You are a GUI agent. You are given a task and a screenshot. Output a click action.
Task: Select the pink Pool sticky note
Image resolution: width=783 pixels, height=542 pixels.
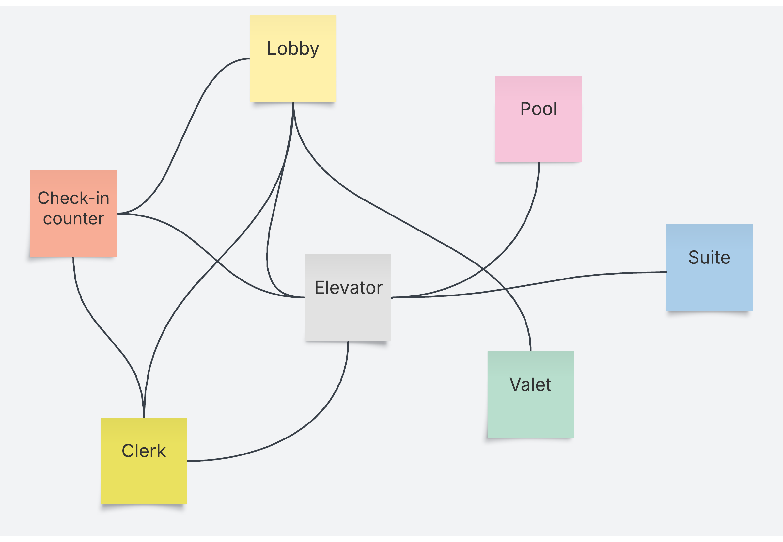click(538, 136)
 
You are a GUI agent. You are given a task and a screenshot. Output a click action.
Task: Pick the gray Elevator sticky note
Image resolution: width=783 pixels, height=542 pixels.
click(348, 316)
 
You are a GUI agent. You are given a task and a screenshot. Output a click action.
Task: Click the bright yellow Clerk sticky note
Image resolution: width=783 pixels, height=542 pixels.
click(144, 479)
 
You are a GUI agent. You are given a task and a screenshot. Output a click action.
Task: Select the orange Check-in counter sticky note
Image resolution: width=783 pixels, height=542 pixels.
click(73, 238)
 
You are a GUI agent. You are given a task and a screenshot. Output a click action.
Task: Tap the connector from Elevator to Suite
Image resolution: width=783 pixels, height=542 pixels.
click(577, 277)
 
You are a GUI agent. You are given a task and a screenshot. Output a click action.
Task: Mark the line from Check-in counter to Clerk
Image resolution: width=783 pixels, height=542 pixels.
click(102, 329)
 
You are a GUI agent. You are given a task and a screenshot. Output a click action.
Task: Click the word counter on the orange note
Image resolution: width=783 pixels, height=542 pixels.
click(73, 219)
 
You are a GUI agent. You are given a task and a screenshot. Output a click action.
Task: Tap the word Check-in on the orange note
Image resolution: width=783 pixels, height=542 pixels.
click(73, 198)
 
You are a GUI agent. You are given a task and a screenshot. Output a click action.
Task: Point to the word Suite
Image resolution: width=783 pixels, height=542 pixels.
click(709, 257)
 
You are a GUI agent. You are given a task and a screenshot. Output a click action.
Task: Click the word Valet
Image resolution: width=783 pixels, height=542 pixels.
click(530, 385)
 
